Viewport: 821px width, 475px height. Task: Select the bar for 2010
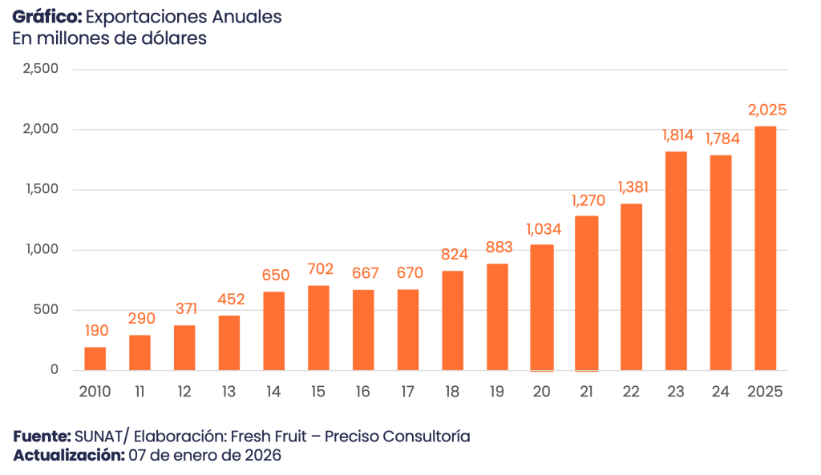(95, 358)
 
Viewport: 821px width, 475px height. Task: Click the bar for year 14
(274, 331)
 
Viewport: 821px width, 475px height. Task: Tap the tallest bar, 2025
(766, 248)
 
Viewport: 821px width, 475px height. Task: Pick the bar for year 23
(676, 261)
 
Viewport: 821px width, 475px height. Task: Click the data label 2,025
(766, 110)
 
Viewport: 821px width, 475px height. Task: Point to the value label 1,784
(722, 139)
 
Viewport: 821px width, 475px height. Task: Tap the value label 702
(319, 269)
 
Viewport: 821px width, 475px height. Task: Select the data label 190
(95, 331)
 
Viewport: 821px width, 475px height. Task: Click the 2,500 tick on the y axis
(42, 70)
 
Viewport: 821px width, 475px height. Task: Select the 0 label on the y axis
(54, 370)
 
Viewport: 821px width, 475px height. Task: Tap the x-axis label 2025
(765, 392)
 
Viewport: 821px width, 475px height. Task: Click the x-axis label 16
(364, 392)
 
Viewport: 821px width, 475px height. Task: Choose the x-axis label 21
(587, 392)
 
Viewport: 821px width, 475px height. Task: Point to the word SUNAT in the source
(96, 437)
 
